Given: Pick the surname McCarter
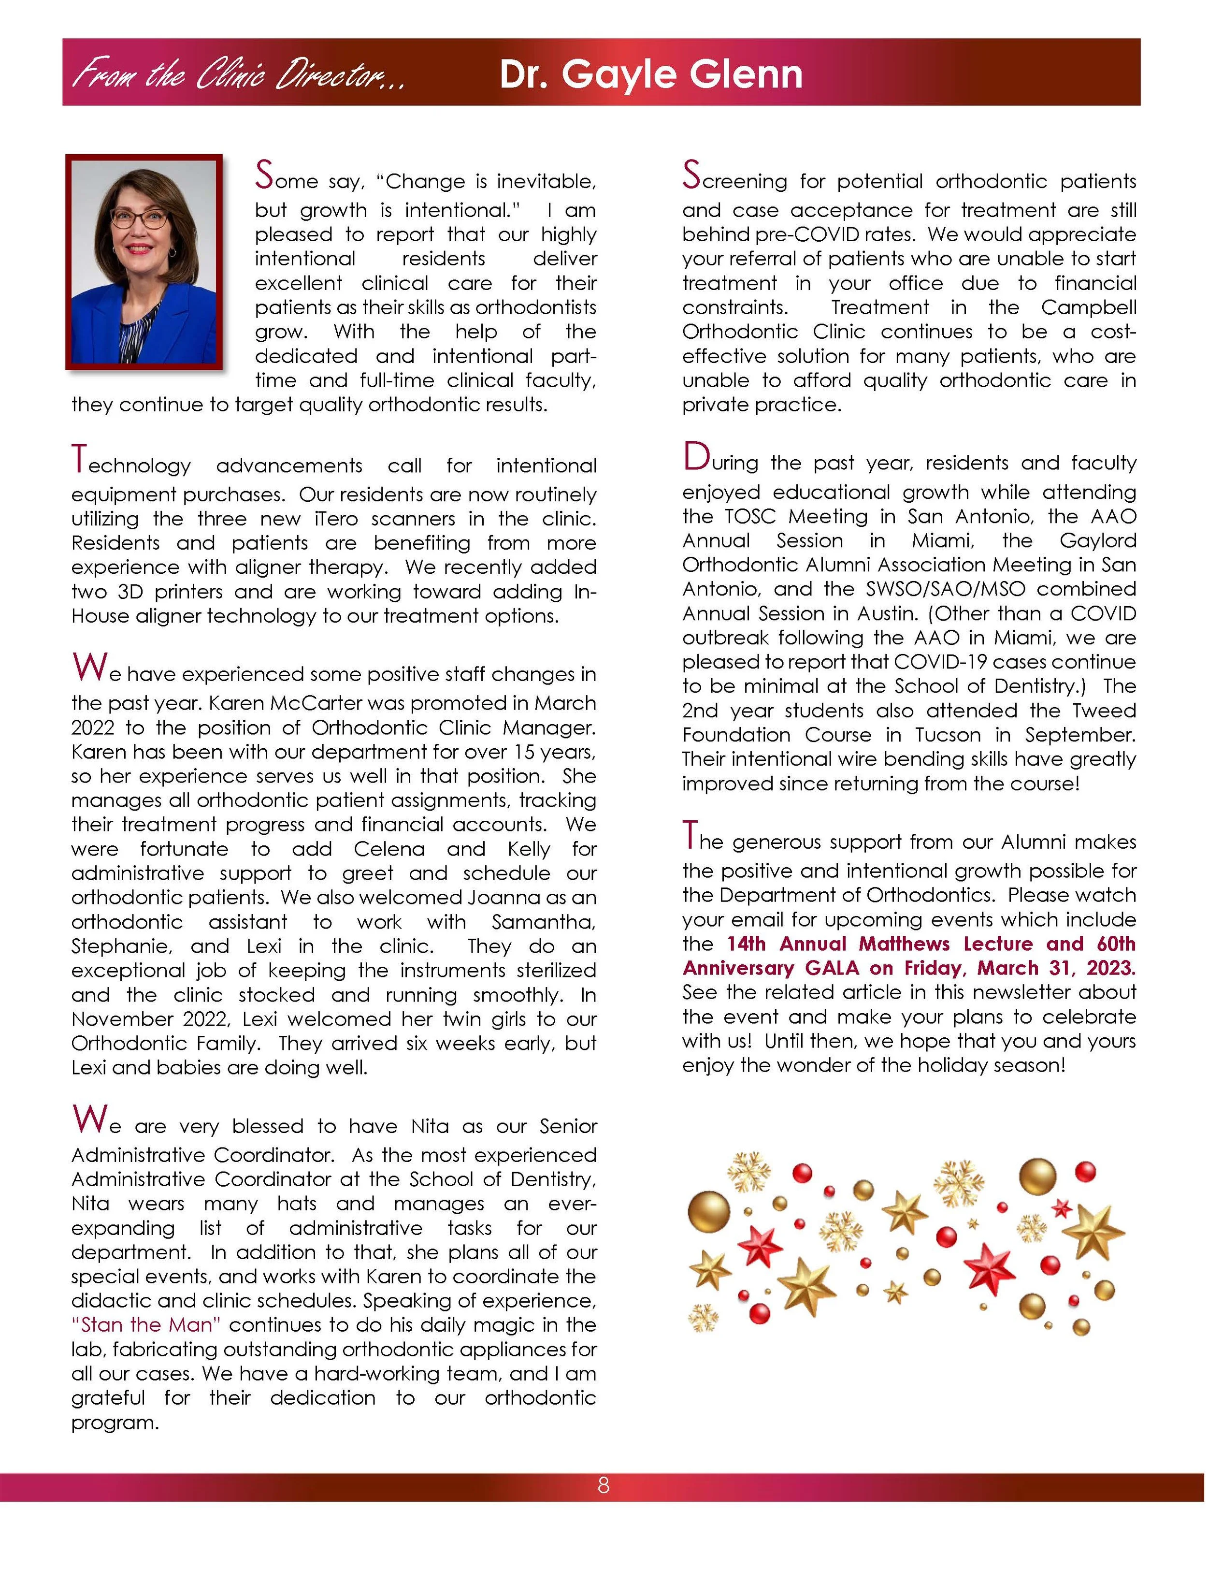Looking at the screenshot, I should tap(311, 703).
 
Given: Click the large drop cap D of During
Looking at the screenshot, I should tap(695, 457).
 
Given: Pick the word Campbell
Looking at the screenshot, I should tap(1088, 307).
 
